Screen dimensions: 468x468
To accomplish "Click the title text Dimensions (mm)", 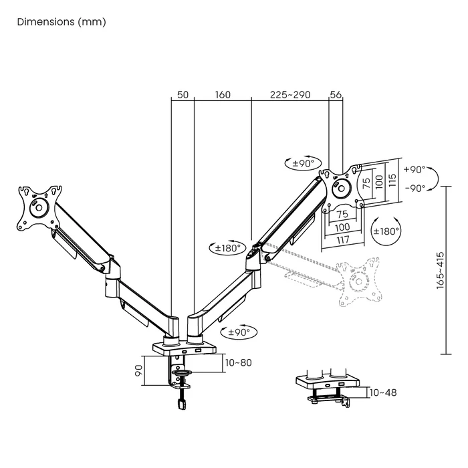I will pos(61,21).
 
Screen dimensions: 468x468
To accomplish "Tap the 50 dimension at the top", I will pos(182,95).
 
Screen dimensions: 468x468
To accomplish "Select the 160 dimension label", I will pos(223,95).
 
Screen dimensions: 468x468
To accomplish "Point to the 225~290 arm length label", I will pos(289,95).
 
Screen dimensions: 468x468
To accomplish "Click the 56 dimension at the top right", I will pos(336,95).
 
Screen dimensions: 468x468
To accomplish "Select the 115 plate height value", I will pos(392,180).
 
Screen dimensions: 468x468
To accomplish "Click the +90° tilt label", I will pos(415,170).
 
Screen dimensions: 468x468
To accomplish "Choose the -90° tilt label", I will pos(415,189).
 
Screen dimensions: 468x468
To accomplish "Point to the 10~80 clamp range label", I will pos(238,363).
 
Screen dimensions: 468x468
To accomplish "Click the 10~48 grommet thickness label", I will pos(382,392).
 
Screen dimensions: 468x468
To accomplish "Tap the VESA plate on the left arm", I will pos(38,207).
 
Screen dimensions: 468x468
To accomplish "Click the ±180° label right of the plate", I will pos(386,231).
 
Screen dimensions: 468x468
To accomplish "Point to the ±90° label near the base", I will pos(239,332).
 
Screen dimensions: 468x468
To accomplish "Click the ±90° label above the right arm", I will pos(304,163).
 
